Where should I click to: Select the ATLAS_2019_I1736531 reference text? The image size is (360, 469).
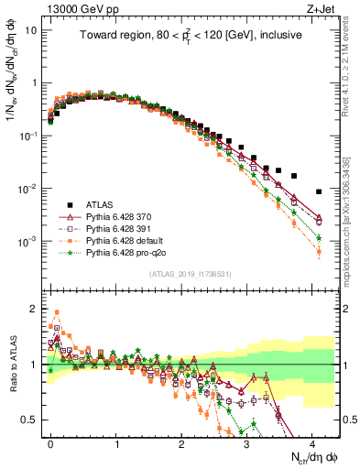point(190,275)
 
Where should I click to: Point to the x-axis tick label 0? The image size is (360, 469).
point(51,442)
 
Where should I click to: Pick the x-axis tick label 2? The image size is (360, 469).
point(181,442)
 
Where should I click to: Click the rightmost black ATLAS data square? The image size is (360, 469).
point(318,191)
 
